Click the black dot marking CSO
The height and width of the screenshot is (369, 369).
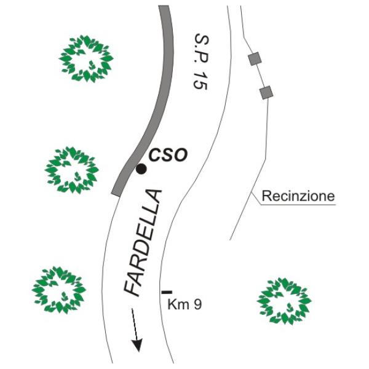tap(141, 169)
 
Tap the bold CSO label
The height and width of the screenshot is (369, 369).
tap(169, 156)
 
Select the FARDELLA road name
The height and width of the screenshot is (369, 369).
tap(143, 242)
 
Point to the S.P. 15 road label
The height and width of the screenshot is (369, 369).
tap(201, 61)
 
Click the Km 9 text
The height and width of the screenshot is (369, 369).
tap(184, 304)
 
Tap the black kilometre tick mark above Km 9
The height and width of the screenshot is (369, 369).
tap(167, 292)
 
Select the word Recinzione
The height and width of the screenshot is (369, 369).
tap(298, 196)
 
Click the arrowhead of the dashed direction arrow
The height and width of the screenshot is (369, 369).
tap(137, 345)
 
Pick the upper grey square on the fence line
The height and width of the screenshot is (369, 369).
tap(255, 58)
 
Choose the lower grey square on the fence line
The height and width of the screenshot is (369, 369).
tap(266, 92)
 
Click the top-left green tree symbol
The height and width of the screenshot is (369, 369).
tap(86, 59)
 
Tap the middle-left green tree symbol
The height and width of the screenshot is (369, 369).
tap(72, 170)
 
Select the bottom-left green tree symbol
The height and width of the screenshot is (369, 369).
tap(59, 290)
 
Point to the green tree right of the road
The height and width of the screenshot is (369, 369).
tap(284, 301)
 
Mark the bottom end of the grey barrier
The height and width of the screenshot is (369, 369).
tap(116, 194)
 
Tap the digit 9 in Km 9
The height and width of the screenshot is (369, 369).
tap(197, 304)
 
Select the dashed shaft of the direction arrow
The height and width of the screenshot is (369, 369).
tap(134, 324)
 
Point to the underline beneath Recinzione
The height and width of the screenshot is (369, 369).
tap(298, 205)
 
